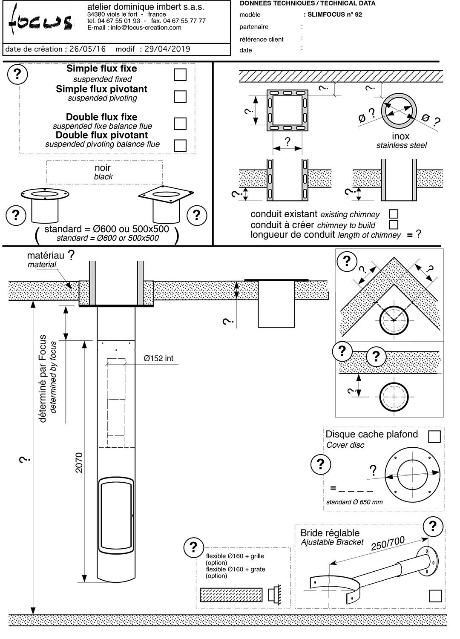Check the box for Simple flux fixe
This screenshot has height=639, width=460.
pos(180,75)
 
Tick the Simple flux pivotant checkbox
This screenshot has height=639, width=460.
pos(180,96)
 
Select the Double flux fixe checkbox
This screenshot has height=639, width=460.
pos(180,124)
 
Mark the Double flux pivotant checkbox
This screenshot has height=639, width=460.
pos(180,145)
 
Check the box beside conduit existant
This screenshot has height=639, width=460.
pos(394,214)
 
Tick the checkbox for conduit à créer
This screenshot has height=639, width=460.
pos(394,224)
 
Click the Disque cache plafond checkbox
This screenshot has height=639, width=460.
pos(434,437)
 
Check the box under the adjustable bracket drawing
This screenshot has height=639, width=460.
pos(435,596)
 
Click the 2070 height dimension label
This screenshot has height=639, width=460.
pos(79,462)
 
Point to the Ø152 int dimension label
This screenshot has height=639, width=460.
pos(158,358)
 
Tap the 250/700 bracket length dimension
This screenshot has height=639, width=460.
pos(388,543)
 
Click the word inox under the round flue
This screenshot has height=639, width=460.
pos(401,136)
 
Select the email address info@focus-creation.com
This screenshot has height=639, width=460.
pos(134,28)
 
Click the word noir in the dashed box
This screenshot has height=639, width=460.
pos(103,167)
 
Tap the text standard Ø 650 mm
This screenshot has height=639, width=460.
pos(354,502)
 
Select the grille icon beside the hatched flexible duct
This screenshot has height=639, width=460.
pos(273,594)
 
